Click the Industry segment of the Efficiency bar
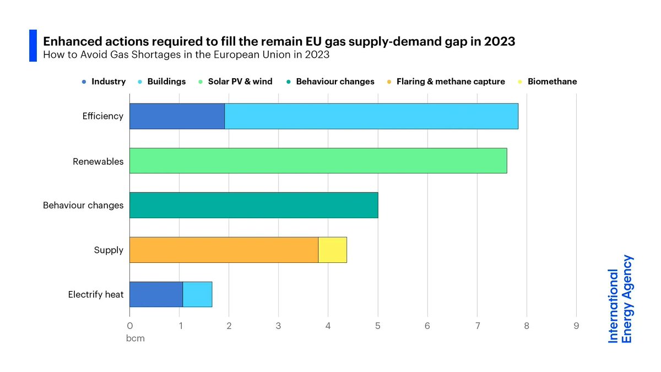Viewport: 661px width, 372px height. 177,116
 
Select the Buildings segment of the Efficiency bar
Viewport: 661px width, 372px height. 371,116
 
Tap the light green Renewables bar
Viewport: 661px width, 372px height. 318,161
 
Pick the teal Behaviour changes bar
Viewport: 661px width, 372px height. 253,205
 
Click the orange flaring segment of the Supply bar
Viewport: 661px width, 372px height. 224,250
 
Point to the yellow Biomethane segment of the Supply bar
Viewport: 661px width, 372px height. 332,250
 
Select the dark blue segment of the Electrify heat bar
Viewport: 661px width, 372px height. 156,294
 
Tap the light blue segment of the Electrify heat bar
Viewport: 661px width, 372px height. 197,294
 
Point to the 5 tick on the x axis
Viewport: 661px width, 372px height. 378,326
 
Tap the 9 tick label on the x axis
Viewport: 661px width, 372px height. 576,326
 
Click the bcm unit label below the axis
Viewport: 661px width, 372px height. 136,338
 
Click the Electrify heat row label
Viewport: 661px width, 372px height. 96,294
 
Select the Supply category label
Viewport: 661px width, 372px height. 109,250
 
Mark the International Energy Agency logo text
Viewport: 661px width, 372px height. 620,299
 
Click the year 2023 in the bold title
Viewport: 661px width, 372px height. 499,41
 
